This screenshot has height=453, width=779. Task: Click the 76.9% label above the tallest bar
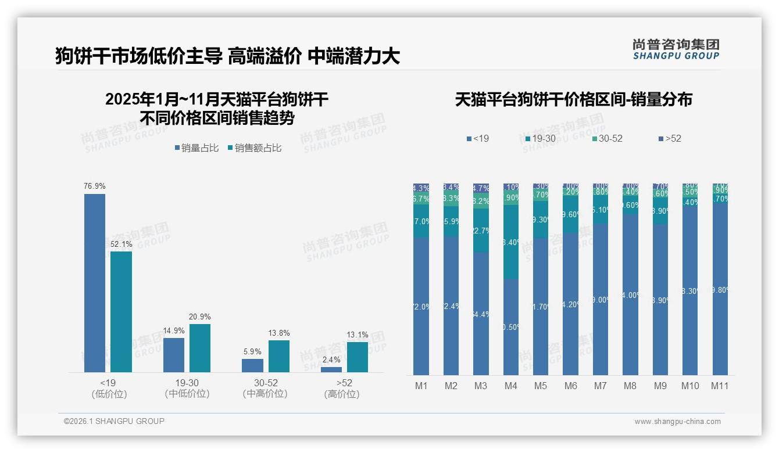[x=95, y=186]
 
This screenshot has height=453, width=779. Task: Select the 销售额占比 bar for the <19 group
[x=121, y=311]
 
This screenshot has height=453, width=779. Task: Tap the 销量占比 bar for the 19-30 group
[x=174, y=355]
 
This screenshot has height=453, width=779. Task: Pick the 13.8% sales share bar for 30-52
[x=279, y=356]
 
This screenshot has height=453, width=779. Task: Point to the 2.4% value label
[x=331, y=360]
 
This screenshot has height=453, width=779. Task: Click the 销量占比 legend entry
[x=196, y=148]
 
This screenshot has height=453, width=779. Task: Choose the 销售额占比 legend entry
[x=255, y=148]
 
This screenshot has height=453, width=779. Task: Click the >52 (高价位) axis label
[x=341, y=388]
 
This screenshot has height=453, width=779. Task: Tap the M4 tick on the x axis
[x=510, y=386]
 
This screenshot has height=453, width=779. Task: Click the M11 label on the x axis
[x=720, y=386]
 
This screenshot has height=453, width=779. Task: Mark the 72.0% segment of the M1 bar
[x=421, y=307]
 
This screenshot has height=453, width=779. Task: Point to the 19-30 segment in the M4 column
[x=510, y=242]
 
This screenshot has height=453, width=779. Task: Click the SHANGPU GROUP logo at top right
[x=676, y=49]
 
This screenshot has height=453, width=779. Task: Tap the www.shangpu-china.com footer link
[x=677, y=422]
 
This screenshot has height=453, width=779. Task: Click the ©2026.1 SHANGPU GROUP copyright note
[x=114, y=421]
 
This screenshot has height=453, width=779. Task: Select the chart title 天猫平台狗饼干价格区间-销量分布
[x=573, y=100]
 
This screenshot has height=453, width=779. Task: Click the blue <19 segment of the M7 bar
[x=601, y=300]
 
